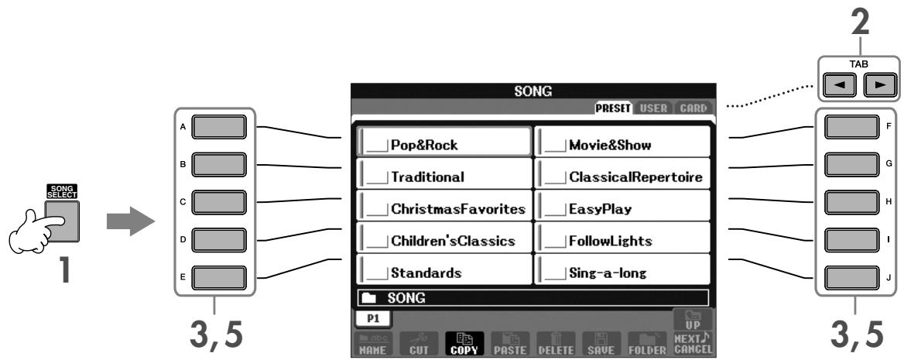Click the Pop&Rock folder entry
(x=444, y=142)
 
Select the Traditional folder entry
(x=444, y=176)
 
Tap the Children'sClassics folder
(x=444, y=242)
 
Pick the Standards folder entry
(x=444, y=273)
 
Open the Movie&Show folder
(x=622, y=142)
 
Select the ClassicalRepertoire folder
(x=622, y=176)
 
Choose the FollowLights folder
(x=622, y=242)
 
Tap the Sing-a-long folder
(x=622, y=273)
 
